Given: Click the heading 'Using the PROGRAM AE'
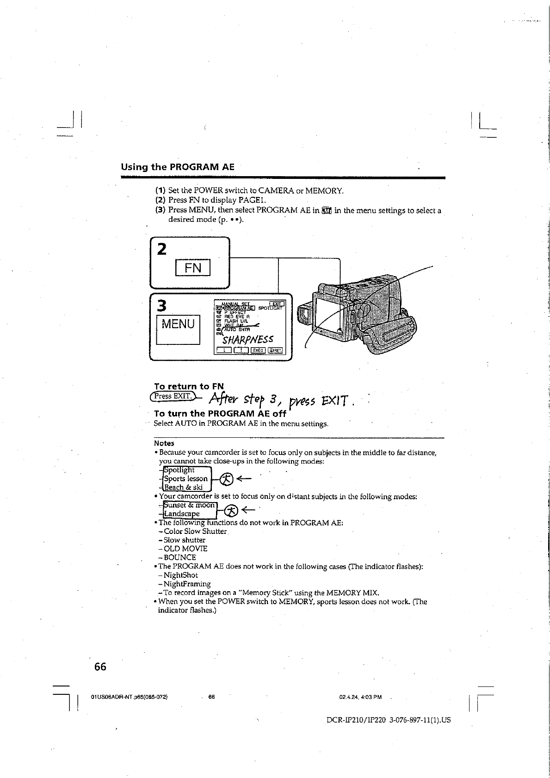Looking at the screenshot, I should click(178, 167).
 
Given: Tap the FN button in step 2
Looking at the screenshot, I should click(193, 268).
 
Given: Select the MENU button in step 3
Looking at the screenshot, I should click(178, 324).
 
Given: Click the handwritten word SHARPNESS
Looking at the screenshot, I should click(247, 340).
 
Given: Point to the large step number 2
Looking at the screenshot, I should click(161, 249).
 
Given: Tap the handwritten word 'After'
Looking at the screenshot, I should click(225, 398).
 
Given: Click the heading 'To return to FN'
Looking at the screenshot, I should click(189, 386).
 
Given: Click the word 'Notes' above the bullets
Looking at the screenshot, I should click(164, 443).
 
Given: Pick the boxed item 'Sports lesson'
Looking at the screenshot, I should click(186, 478).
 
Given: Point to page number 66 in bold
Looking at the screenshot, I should click(100, 667).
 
